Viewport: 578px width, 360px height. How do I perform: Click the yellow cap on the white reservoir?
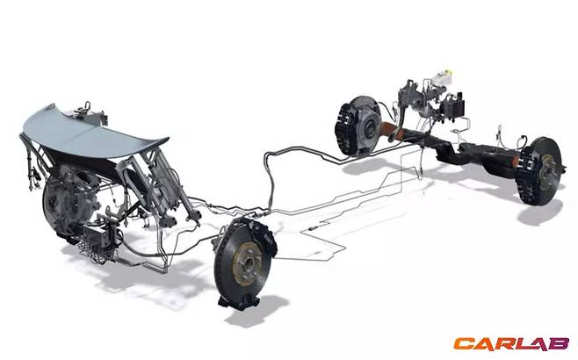[x=447, y=71]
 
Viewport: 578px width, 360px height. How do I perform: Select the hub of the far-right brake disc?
[x=548, y=171]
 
